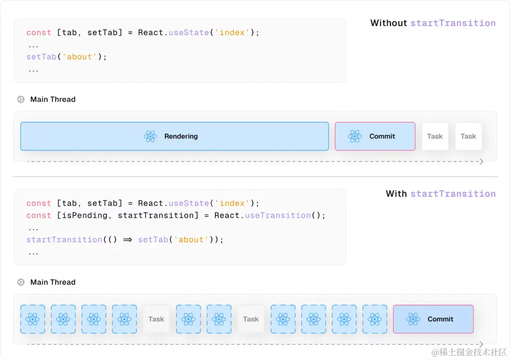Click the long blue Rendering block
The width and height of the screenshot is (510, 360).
174,136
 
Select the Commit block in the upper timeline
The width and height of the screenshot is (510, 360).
375,136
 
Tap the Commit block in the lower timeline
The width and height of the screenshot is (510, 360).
433,319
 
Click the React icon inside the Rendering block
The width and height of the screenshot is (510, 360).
150,136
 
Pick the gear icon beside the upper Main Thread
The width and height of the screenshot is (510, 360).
21,99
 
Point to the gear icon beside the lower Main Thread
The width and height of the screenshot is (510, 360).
21,282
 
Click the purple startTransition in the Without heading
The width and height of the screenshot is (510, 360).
453,23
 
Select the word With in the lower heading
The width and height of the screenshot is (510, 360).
396,193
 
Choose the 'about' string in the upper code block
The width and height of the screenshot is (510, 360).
79,57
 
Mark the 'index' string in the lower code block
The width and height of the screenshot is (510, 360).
232,203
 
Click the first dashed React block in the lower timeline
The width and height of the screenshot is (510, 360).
33,319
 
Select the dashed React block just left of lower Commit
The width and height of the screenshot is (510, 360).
374,319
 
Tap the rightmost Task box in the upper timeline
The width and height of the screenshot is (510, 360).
468,136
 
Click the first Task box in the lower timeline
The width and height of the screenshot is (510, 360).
156,319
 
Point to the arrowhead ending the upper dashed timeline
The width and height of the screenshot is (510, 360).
481,162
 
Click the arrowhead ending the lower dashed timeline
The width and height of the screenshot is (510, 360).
481,344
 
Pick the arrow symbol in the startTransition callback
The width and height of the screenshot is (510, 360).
127,240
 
